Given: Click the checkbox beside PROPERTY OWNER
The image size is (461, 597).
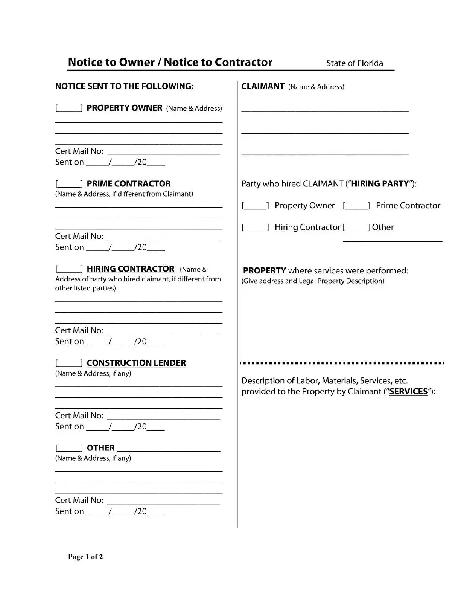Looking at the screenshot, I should (69, 108).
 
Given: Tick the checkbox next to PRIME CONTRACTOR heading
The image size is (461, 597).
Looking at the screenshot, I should (69, 184).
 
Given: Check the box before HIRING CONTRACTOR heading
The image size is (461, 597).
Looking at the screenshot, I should (69, 269).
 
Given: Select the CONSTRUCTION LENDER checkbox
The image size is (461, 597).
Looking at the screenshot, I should (69, 363).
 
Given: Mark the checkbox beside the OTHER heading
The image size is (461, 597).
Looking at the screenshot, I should (69, 448).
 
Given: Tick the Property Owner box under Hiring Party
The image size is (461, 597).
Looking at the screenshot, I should (255, 206).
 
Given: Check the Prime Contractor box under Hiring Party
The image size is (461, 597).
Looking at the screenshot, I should (356, 206).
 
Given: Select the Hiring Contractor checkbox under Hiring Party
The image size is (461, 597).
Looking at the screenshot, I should (255, 228).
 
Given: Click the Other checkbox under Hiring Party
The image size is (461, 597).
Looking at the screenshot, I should (356, 228).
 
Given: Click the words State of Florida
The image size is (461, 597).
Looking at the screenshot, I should (354, 63).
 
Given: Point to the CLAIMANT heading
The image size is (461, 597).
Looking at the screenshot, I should (263, 86).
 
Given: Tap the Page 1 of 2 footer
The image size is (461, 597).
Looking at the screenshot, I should (85, 557).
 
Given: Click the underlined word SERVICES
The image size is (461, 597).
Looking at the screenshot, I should (408, 392).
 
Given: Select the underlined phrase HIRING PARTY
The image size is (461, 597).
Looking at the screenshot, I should (380, 184).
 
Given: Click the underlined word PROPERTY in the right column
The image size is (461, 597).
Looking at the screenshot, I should (264, 271).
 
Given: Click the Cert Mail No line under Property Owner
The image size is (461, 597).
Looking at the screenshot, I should (164, 152).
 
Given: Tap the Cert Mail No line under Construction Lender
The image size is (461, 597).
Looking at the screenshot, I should (164, 416).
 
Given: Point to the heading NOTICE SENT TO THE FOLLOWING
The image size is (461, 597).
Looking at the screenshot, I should (124, 86).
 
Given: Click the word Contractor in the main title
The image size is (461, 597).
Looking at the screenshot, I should (243, 62).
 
